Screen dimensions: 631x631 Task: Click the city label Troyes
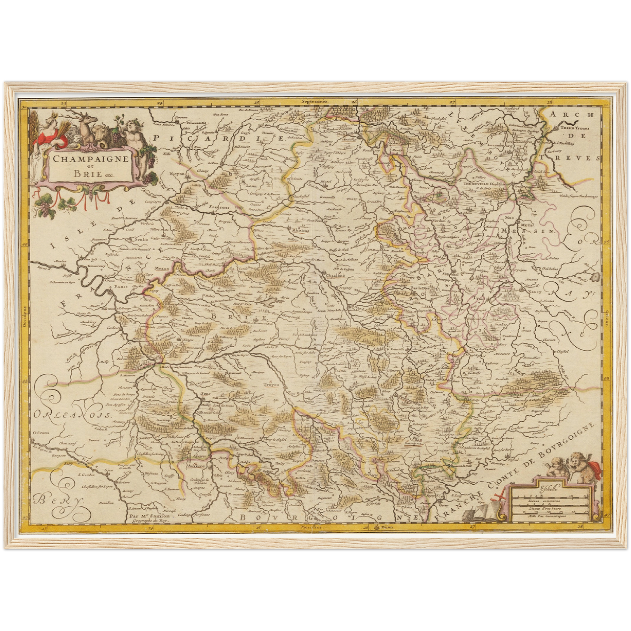271,385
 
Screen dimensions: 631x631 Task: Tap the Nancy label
534,292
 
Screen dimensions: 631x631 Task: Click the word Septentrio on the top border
314,101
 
